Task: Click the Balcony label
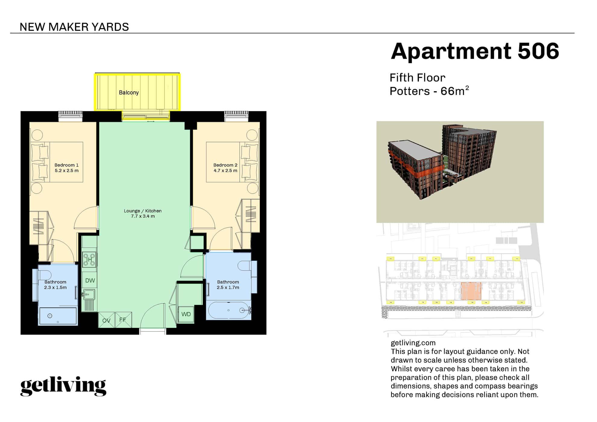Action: click(x=129, y=93)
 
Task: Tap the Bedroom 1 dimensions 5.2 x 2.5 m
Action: click(x=67, y=171)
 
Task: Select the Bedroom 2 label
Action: click(x=225, y=165)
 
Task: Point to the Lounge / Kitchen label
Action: click(x=143, y=211)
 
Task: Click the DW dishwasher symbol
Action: click(x=90, y=281)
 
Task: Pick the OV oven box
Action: click(x=106, y=320)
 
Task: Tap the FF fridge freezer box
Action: click(x=123, y=320)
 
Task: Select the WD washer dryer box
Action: click(x=186, y=314)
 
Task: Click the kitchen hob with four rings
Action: click(x=90, y=260)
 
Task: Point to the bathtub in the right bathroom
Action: click(x=228, y=310)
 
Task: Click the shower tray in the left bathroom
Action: click(x=58, y=316)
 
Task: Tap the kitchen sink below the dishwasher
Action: click(x=88, y=294)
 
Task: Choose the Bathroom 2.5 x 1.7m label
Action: click(x=228, y=285)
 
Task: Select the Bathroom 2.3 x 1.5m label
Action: click(x=55, y=285)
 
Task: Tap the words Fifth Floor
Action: click(x=417, y=78)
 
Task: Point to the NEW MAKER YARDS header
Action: click(x=74, y=27)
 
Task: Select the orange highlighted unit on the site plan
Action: click(x=471, y=291)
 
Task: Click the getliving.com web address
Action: click(x=413, y=343)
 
